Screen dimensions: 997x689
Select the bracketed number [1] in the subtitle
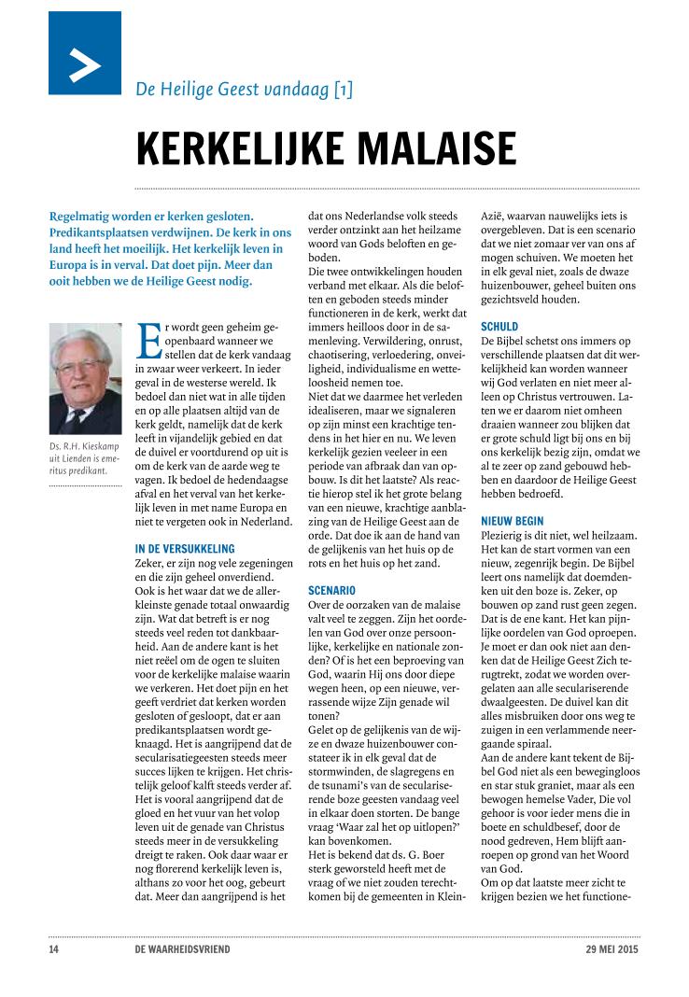pos(343,91)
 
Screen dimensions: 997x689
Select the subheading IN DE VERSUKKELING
pos(185,549)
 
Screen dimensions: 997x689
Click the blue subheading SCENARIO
pos(331,591)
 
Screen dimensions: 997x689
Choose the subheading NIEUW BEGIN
pos(513,520)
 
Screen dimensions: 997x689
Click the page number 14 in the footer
pos(54,950)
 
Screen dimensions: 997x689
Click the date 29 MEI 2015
pos(606,950)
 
